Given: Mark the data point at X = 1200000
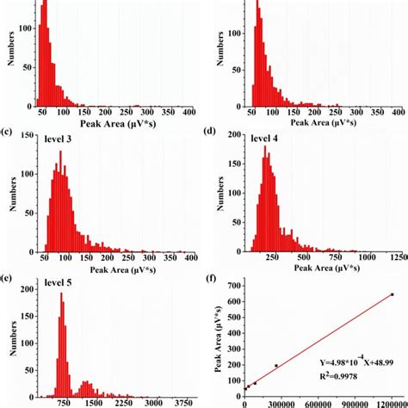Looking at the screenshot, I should tap(393, 294).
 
